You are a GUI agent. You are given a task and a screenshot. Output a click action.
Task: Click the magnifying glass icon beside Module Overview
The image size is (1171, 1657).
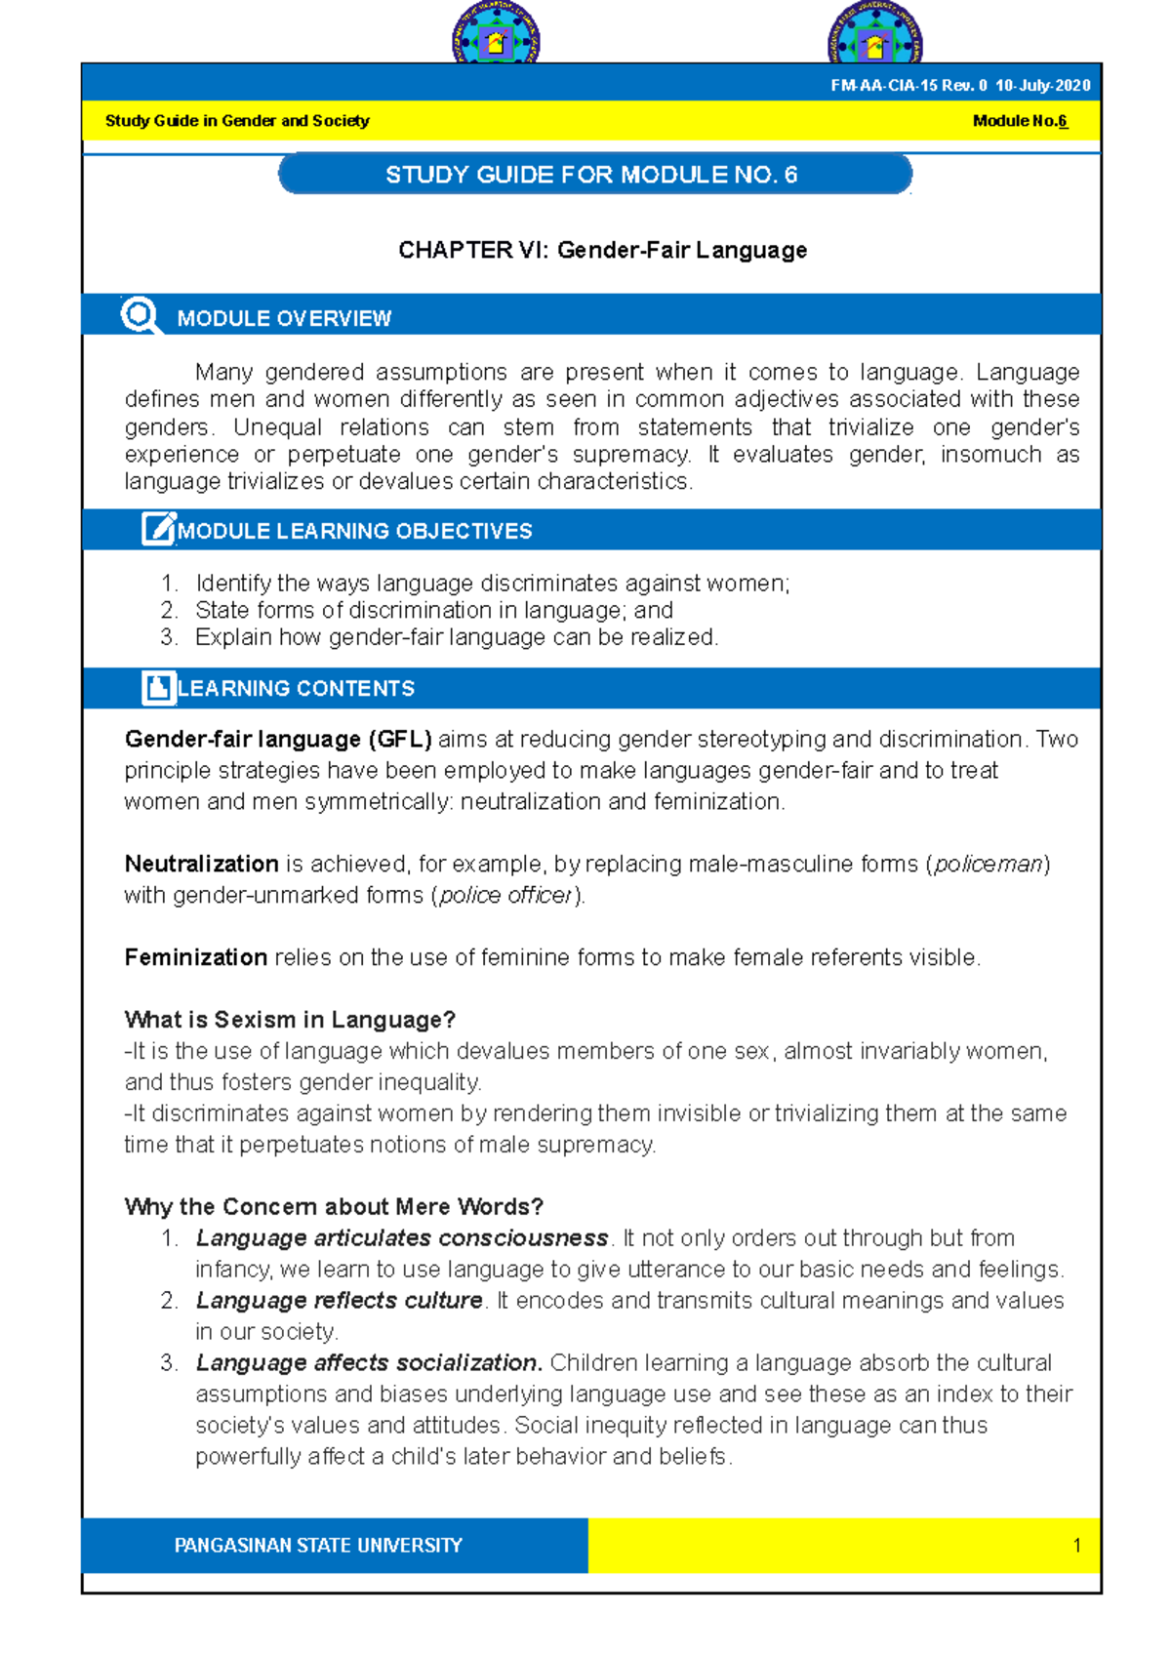point(141,315)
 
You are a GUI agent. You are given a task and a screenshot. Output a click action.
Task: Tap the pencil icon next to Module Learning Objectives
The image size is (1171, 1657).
point(158,529)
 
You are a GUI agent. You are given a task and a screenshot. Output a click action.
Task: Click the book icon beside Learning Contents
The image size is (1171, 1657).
point(158,687)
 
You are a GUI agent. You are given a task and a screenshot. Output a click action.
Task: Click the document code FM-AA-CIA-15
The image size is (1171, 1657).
point(883,86)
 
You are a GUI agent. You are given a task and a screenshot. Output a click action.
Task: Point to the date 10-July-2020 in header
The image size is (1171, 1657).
point(1042,86)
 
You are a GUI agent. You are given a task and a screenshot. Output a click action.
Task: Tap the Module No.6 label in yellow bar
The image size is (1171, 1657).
point(1020,121)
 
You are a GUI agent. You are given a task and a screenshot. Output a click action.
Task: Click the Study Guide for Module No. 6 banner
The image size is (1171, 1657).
point(594,175)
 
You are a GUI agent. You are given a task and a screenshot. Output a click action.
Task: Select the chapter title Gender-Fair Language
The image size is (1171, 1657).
point(602,250)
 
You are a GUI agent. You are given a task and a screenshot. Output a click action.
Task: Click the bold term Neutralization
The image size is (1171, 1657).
point(201,864)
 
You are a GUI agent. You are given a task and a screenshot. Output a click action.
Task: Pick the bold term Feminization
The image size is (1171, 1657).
point(195,957)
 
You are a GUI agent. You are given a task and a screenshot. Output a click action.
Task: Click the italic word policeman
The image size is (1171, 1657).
point(988,864)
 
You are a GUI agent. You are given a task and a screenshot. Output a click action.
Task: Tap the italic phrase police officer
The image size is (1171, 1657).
point(505,895)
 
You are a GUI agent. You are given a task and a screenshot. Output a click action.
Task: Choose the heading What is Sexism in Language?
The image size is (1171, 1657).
point(290,1020)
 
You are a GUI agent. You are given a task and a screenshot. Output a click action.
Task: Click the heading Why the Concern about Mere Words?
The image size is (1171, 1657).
point(334,1206)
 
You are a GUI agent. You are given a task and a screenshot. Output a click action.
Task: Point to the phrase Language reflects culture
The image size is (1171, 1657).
point(339,1300)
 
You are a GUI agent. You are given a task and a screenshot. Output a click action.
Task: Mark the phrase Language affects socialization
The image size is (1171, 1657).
point(369,1362)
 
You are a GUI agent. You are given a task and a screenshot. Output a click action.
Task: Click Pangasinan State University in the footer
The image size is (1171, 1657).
point(318,1546)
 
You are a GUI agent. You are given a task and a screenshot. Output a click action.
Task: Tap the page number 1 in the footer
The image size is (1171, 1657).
point(1076,1546)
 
